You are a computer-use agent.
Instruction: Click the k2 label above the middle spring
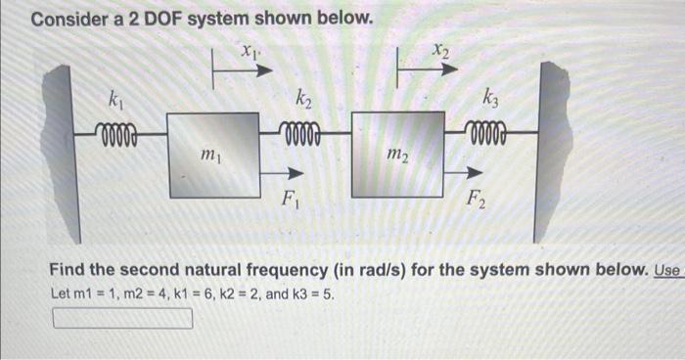(x=303, y=98)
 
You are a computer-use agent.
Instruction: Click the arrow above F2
(x=460, y=171)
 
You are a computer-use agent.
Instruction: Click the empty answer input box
(x=121, y=318)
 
